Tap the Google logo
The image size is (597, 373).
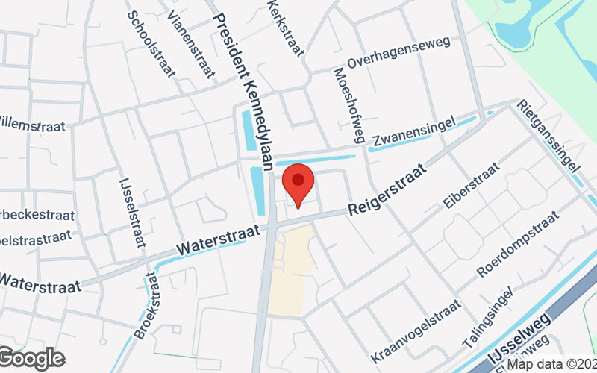[x=31, y=358]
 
